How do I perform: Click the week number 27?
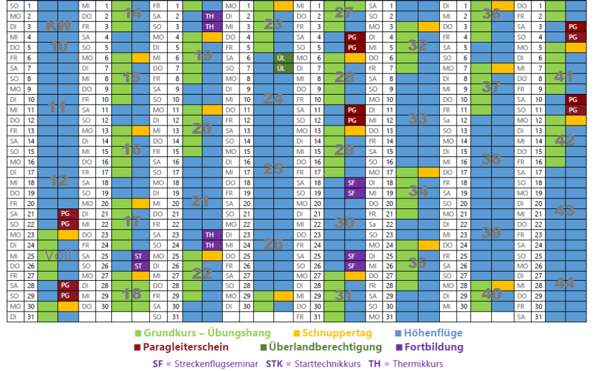pos(343,12)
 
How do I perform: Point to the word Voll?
pos(58,255)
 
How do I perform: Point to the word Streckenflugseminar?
pos(216,364)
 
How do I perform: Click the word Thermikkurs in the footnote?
pos(418,364)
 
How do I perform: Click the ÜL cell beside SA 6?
pos(281,58)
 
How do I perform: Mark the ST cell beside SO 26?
pos(139,266)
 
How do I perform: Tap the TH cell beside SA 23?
pos(210,235)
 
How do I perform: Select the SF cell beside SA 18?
pos(352,183)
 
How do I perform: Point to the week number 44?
pos(564,283)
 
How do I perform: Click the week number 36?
pos(491,14)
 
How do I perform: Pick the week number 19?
pos(203,56)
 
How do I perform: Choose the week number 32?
pos(418,45)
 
